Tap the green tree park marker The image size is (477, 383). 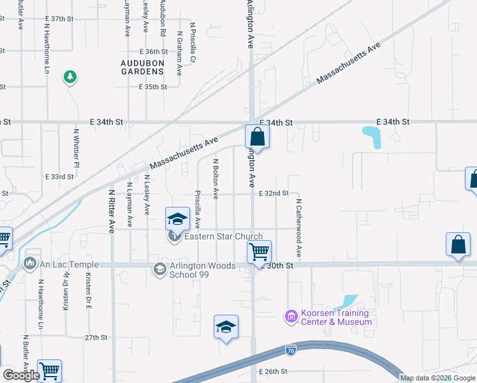pos(70,77)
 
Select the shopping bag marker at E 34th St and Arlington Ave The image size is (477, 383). pos(257,137)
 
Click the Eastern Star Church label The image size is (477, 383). pos(223,237)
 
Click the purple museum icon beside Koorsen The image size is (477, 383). pos(291,316)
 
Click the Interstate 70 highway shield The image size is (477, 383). pos(291,350)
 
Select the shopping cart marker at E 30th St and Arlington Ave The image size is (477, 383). pos(259,252)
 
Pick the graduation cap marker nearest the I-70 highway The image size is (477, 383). pos(226,327)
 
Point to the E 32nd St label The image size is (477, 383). pos(274,193)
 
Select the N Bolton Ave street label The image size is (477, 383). pos(216,179)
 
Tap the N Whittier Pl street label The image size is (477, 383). pos(76,148)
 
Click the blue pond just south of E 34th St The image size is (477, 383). pos(371,137)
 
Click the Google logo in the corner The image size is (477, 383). pos(21,375)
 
